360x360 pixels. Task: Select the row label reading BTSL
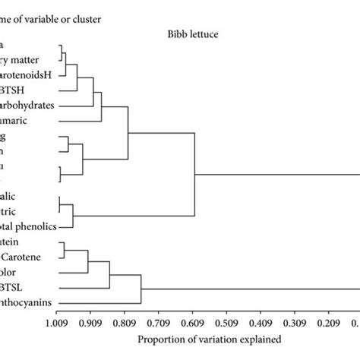[14, 288]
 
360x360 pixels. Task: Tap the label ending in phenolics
[23, 226]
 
